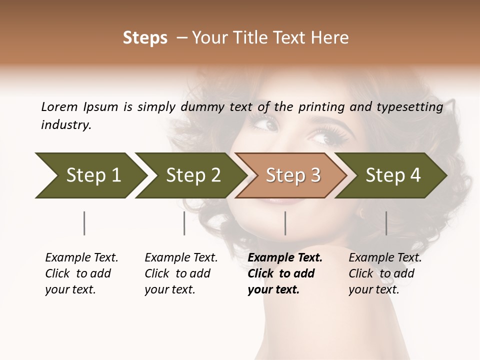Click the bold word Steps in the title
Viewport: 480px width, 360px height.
(145, 38)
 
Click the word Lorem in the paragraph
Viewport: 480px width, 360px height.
(59, 107)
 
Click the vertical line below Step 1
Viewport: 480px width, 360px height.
(84, 223)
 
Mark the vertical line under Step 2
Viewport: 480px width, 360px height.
(184, 223)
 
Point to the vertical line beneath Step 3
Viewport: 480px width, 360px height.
(285, 223)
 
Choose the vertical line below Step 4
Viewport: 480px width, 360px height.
(386, 223)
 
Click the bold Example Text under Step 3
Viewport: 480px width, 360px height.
(285, 258)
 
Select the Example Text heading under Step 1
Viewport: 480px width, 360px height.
(81, 258)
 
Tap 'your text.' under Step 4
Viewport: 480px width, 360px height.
(373, 290)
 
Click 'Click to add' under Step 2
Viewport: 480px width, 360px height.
(177, 274)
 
